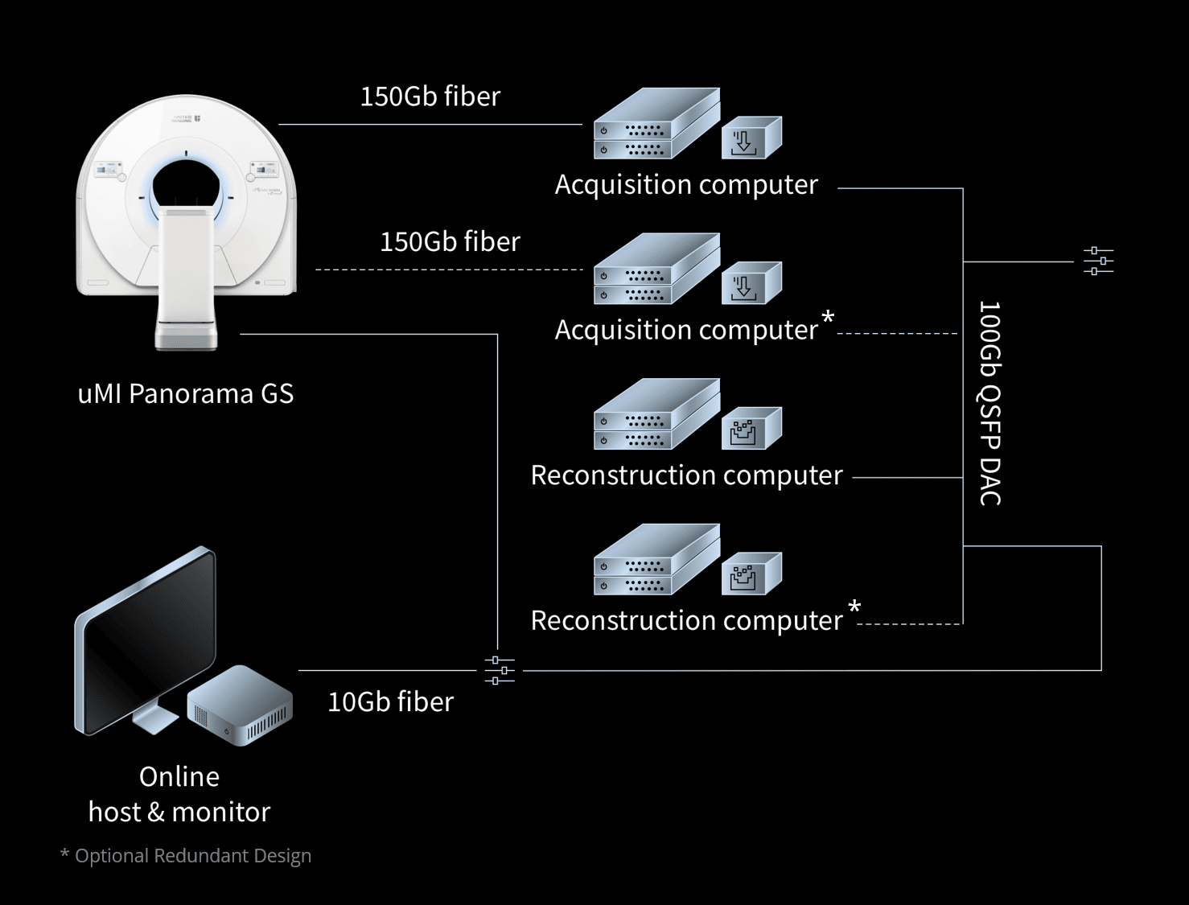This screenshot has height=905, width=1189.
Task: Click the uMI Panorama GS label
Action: pos(185,393)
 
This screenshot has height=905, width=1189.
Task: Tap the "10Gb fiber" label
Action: pos(390,701)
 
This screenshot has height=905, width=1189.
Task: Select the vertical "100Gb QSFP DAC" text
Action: pos(989,403)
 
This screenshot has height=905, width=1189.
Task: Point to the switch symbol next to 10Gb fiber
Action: pos(500,669)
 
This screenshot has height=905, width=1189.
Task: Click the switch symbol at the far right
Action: pos(1098,261)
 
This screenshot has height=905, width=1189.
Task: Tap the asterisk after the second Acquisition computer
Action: pos(828,319)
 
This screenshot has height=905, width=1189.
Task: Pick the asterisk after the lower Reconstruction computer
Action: pos(854,609)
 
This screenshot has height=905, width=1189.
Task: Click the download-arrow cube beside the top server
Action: pos(751,138)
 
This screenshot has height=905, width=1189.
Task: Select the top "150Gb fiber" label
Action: pos(430,97)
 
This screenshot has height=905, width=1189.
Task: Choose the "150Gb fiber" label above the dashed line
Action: pos(450,241)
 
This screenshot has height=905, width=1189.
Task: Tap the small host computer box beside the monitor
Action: pos(240,704)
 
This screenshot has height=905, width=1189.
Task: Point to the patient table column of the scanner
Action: pos(187,274)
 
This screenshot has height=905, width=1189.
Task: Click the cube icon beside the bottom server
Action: pos(751,574)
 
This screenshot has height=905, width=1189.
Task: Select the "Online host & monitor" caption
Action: pos(179,794)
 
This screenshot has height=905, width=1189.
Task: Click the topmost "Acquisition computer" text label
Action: pos(685,184)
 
